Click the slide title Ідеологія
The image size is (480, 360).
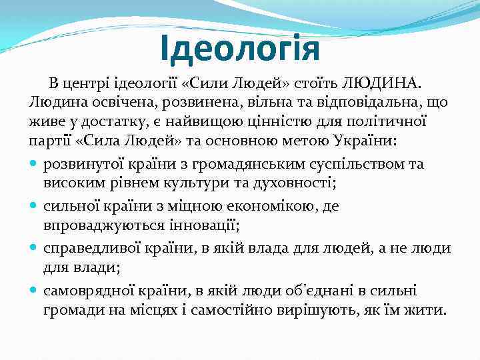click(x=240, y=49)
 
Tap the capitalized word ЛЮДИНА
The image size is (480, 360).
click(x=381, y=83)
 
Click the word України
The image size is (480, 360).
click(x=394, y=143)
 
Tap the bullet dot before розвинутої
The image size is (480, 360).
click(x=34, y=164)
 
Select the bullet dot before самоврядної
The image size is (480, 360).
click(x=34, y=291)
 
